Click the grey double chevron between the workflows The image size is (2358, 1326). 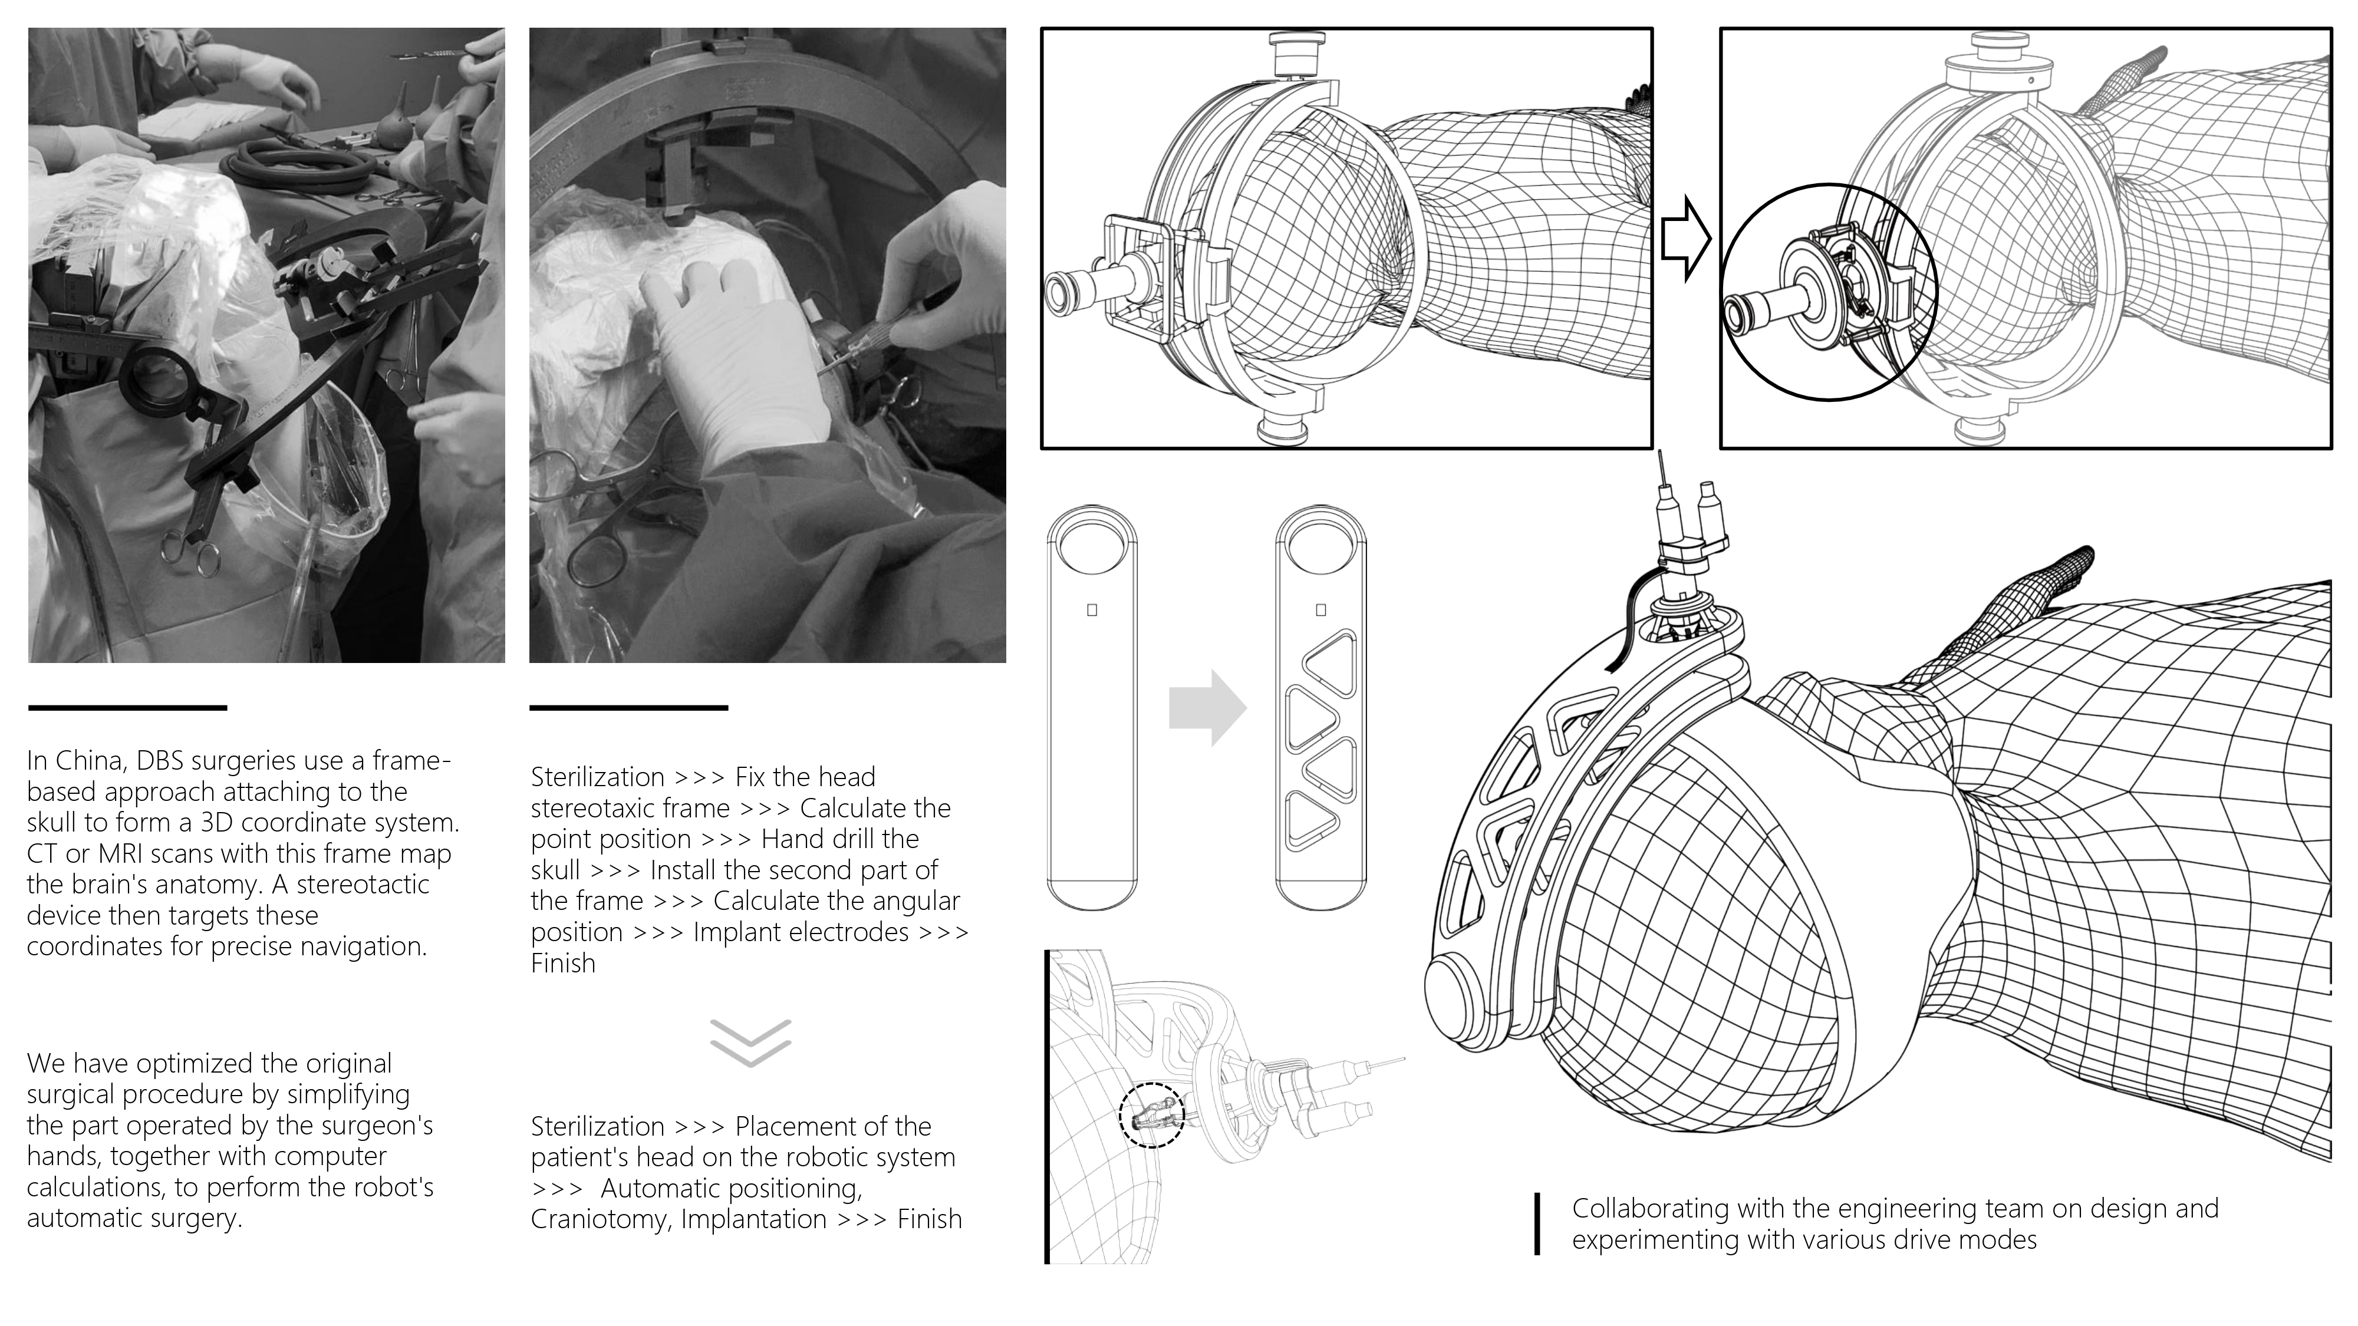(x=750, y=1043)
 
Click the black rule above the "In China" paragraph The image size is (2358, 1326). (x=127, y=707)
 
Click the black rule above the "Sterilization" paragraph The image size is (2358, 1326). (x=629, y=707)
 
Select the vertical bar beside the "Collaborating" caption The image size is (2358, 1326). (x=1538, y=1223)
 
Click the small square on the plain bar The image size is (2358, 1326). (x=1092, y=609)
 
